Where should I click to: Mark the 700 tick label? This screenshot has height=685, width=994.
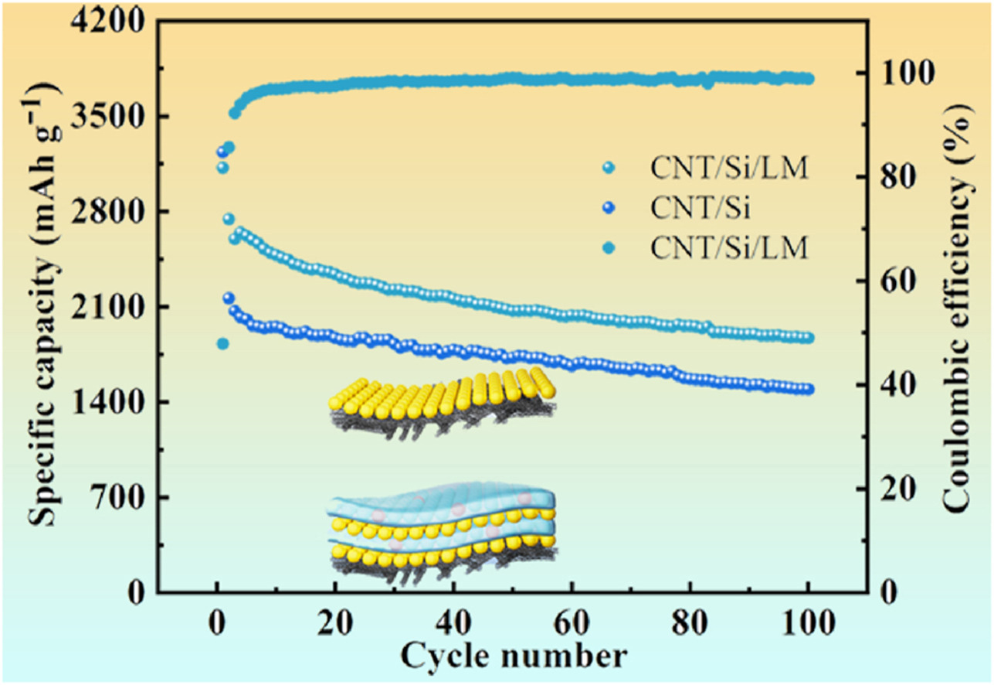tap(119, 498)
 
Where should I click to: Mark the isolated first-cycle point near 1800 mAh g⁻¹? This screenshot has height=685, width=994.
tap(222, 343)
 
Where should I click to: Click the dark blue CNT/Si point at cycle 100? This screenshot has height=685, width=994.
tap(808, 389)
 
